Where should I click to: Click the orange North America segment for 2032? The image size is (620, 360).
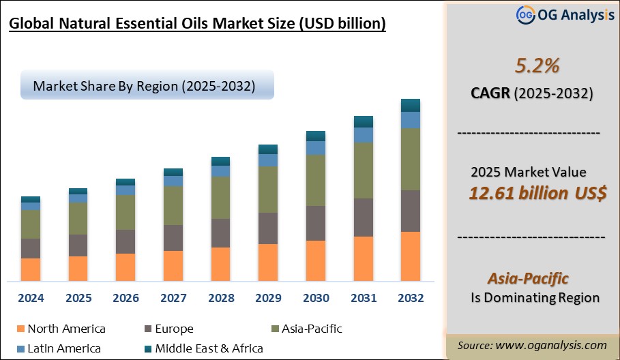click(410, 256)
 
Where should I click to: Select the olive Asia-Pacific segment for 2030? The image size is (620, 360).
click(315, 181)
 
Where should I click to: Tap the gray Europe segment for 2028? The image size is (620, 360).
click(220, 233)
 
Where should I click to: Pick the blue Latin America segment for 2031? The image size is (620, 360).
click(363, 135)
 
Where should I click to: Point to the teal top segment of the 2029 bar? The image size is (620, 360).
click(268, 149)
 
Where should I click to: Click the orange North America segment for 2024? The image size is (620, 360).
click(31, 269)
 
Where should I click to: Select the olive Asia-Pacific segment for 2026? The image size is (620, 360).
click(126, 212)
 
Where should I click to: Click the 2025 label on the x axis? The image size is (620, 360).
click(78, 298)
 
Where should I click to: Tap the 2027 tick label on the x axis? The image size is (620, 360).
click(173, 298)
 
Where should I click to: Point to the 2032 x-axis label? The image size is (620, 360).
click(410, 298)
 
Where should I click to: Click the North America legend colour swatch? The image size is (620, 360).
click(19, 329)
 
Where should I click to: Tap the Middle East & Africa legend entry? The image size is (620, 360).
click(209, 348)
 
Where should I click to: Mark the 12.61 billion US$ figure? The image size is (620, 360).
click(537, 193)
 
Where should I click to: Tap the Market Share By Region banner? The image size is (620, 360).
click(147, 86)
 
